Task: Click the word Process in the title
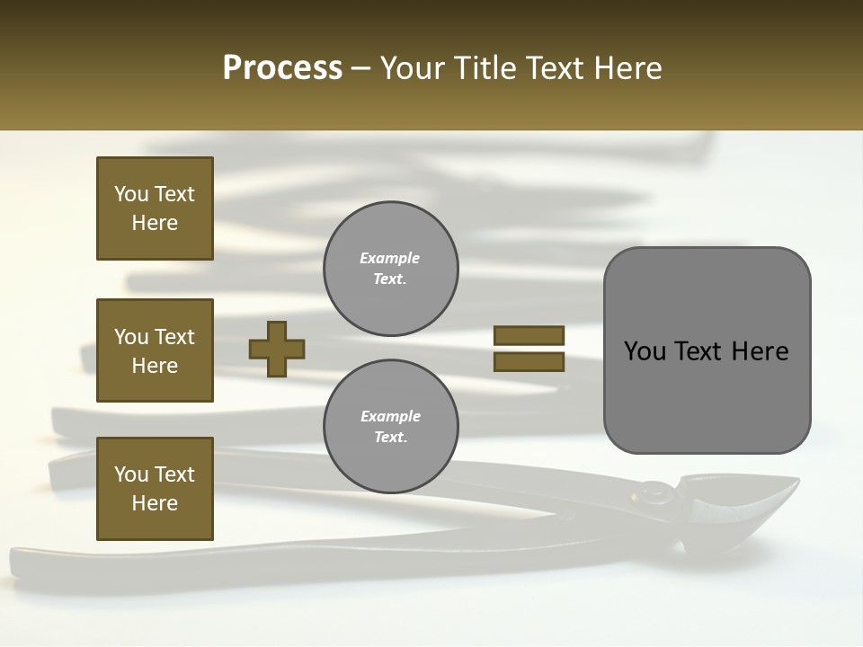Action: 282,68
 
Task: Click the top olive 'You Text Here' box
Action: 155,208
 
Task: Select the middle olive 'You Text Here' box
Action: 155,350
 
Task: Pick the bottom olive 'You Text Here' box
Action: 155,489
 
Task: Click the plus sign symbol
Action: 277,349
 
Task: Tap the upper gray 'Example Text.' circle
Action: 391,269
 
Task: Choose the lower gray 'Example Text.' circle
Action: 391,427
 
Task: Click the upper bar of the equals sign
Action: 529,335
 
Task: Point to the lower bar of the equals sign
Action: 529,362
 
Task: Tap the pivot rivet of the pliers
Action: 655,491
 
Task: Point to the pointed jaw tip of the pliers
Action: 795,482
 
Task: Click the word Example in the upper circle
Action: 390,258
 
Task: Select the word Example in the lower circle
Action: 390,416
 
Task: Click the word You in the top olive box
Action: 131,194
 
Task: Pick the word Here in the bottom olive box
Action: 155,503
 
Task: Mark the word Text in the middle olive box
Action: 174,337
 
